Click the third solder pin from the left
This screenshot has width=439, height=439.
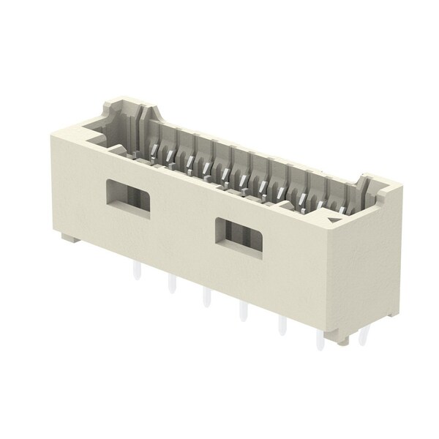pos(206,298)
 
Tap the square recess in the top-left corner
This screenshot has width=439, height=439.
pos(98,132)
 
